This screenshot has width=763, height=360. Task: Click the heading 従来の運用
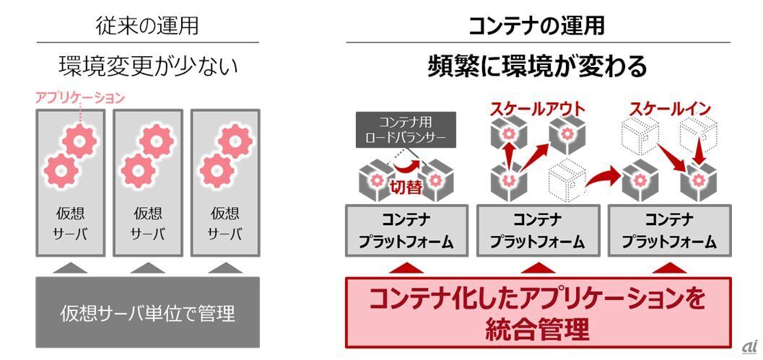coord(147,26)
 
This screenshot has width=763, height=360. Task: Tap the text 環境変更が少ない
coord(147,67)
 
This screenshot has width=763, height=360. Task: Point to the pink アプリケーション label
coord(80,97)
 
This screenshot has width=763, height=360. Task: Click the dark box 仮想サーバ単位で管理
coord(147,314)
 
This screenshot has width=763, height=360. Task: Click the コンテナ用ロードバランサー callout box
coord(407,128)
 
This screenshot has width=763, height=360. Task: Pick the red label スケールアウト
coord(538,109)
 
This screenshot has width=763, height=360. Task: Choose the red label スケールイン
coord(670,109)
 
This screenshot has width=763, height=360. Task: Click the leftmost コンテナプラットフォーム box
coord(407,230)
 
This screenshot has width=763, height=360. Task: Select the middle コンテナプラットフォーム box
coord(538,230)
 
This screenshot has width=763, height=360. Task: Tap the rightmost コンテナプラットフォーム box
coord(669,230)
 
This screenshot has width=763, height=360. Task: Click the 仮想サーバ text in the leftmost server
coord(71,224)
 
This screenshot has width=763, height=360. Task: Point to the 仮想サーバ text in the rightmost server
coord(224,224)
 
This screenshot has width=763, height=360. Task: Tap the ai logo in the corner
coord(750,346)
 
